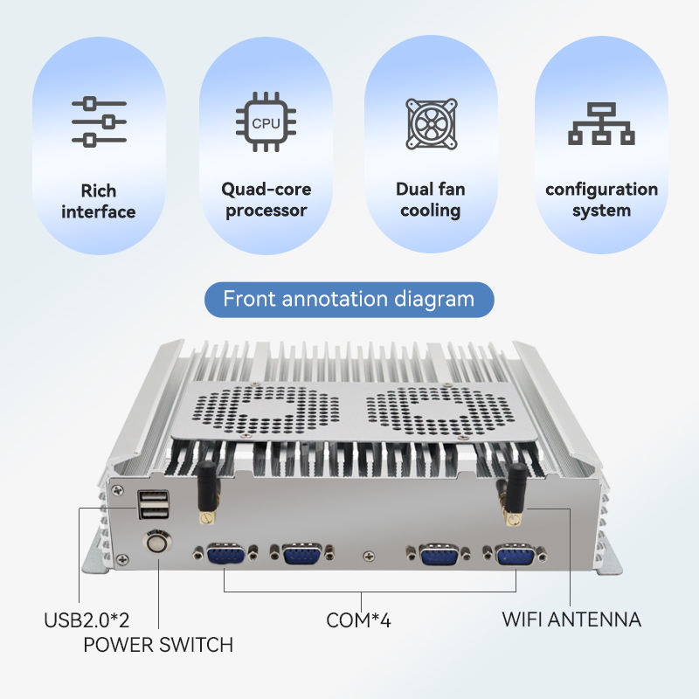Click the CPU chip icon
tap(266, 123)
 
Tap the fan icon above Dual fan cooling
tap(431, 122)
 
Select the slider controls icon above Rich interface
tap(99, 122)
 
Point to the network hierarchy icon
tap(601, 123)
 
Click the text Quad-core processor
tap(266, 199)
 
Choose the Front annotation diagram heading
tap(349, 300)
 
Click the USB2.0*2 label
tap(87, 620)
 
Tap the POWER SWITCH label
tap(158, 645)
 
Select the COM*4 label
tap(358, 620)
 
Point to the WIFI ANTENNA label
tap(571, 619)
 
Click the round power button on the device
tap(157, 543)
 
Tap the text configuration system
tap(601, 199)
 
